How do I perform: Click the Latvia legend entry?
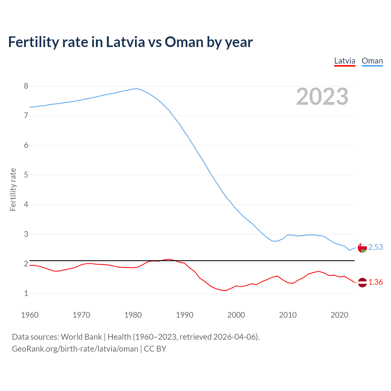point(345,61)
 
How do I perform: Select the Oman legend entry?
point(372,61)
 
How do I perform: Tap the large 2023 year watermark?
point(322,97)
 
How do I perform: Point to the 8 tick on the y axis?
point(26,86)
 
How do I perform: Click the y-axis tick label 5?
point(26,175)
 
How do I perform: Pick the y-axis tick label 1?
point(26,293)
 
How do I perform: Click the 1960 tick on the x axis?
point(30,315)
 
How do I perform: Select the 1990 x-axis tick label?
point(185,315)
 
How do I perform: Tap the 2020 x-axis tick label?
point(339,315)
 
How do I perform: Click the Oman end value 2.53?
point(375,247)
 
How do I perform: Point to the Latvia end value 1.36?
point(375,282)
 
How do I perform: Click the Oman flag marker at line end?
point(362,248)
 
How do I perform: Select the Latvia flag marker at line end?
point(362,283)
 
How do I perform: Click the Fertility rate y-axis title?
point(13,189)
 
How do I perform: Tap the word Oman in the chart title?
point(184,42)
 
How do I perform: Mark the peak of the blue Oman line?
point(137,89)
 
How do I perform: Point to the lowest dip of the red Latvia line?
point(225,291)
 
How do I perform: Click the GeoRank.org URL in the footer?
point(75,349)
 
